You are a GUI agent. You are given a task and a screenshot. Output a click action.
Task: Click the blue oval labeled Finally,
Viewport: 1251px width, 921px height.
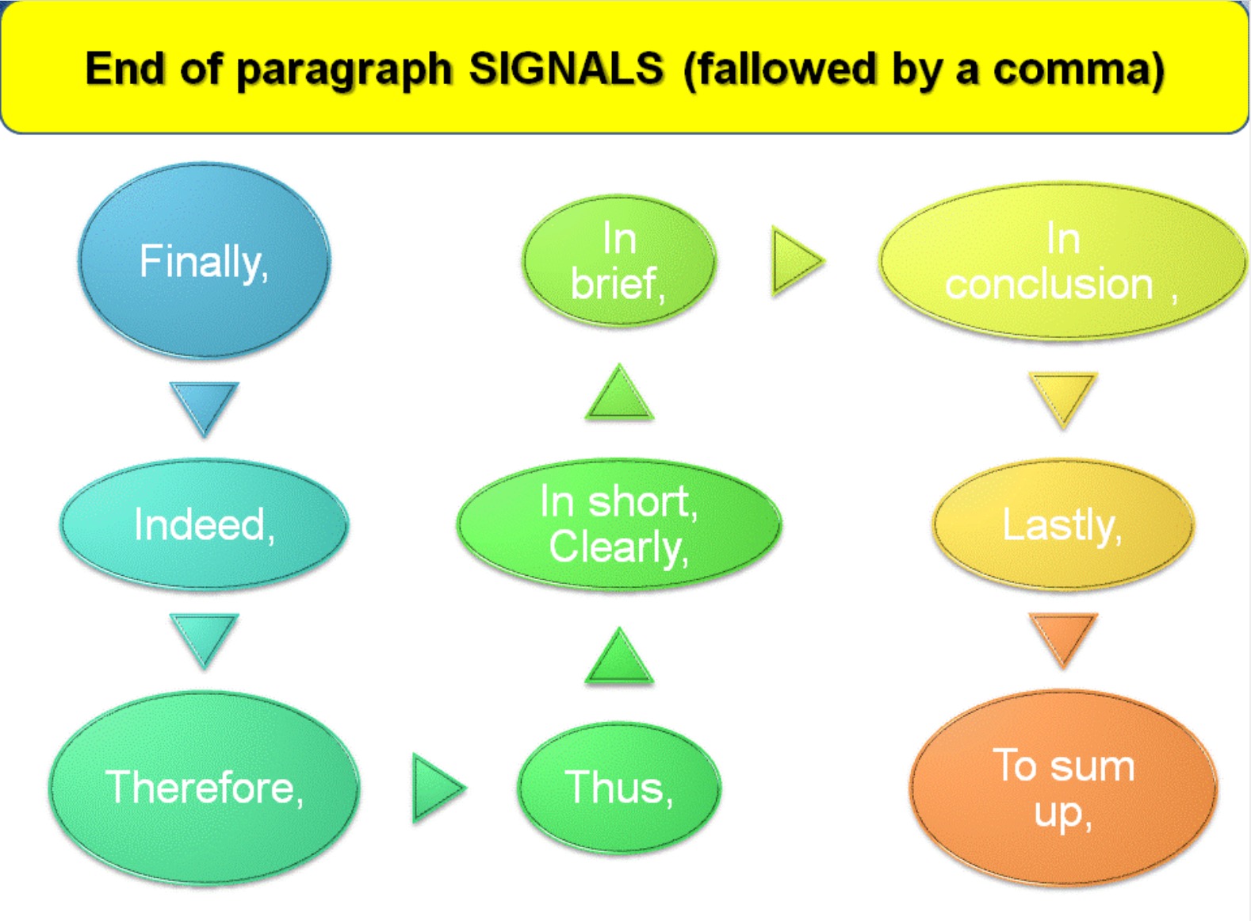tap(204, 261)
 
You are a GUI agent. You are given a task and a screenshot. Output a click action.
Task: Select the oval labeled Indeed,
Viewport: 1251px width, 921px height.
tap(204, 524)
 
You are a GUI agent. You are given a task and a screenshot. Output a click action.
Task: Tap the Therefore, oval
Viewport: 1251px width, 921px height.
tap(204, 787)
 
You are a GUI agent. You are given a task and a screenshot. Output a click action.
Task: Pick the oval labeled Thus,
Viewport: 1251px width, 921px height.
tap(619, 787)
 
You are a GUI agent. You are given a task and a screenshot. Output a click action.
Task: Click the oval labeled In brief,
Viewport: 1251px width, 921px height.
tap(619, 261)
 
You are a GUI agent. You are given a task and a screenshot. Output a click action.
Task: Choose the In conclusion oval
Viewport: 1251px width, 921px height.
tap(1062, 261)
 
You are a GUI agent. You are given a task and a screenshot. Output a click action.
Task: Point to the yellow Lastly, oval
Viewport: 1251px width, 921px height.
tap(1062, 524)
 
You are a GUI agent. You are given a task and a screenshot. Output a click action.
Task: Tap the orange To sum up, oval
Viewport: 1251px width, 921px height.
tap(1062, 787)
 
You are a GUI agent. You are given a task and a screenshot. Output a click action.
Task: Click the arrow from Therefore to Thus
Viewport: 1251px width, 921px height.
tap(436, 787)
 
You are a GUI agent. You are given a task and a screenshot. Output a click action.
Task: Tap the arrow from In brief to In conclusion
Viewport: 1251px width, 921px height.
tap(794, 261)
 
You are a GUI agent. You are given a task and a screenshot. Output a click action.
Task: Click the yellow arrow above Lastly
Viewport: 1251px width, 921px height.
tap(1062, 397)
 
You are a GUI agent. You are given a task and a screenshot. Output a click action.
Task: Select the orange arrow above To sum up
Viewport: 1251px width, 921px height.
tap(1062, 635)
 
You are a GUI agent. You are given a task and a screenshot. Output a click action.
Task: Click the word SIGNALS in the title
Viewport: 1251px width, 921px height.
tap(565, 69)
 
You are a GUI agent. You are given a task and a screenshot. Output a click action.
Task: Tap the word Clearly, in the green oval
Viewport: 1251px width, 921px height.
tap(618, 547)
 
